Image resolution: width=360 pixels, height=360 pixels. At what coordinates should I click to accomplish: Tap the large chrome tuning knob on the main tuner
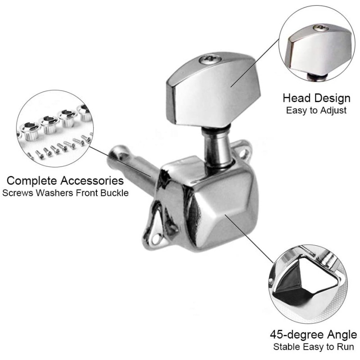pos(213,90)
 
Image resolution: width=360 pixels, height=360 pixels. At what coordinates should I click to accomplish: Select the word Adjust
pos(333,110)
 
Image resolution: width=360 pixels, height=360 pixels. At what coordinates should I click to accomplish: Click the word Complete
pos(32,181)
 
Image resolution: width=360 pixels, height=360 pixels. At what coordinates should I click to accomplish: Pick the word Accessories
pos(92,180)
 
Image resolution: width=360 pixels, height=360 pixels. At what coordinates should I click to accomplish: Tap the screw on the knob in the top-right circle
pos(320,28)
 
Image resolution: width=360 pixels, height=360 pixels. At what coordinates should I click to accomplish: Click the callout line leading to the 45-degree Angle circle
pos(249,239)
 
